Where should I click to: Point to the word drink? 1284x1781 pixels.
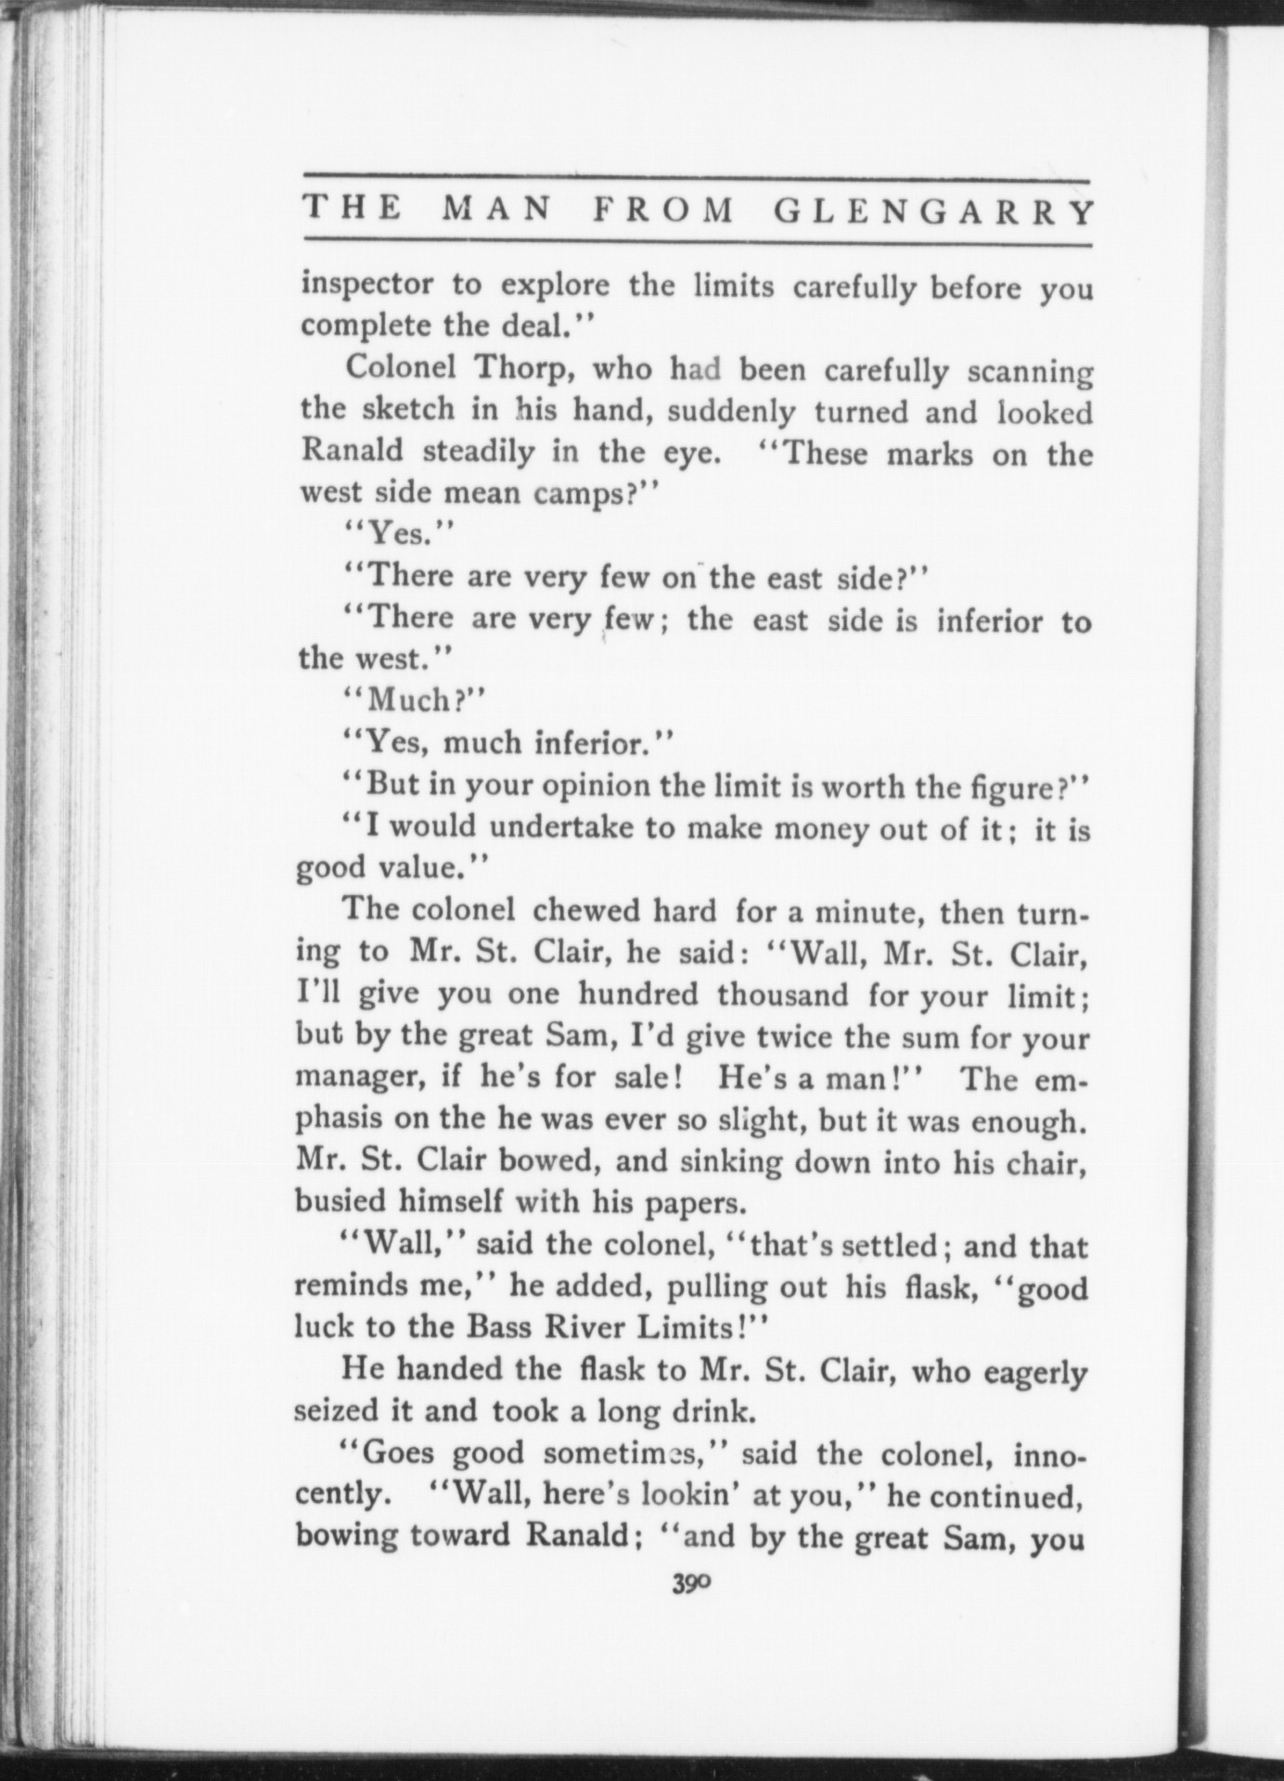click(x=703, y=1412)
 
